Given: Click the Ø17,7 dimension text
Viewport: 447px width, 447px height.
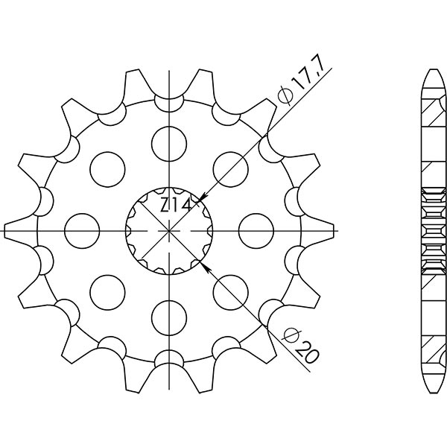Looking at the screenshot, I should [292, 83].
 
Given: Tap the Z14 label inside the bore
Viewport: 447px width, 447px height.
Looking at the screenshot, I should [177, 206].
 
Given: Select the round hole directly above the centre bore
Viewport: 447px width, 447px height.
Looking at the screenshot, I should [170, 139].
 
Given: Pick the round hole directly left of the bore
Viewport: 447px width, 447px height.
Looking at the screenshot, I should [81, 229].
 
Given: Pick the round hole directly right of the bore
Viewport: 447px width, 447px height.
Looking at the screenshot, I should [259, 229].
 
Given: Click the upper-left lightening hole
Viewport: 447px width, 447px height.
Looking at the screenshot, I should [107, 167].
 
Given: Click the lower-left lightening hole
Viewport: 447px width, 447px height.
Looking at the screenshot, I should [107, 291].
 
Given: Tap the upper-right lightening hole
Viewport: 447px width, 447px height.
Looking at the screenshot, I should [232, 167].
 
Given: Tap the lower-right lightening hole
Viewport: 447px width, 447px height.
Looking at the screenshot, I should [232, 291].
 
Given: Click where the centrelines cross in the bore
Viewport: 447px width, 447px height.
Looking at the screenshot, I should [170, 229].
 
